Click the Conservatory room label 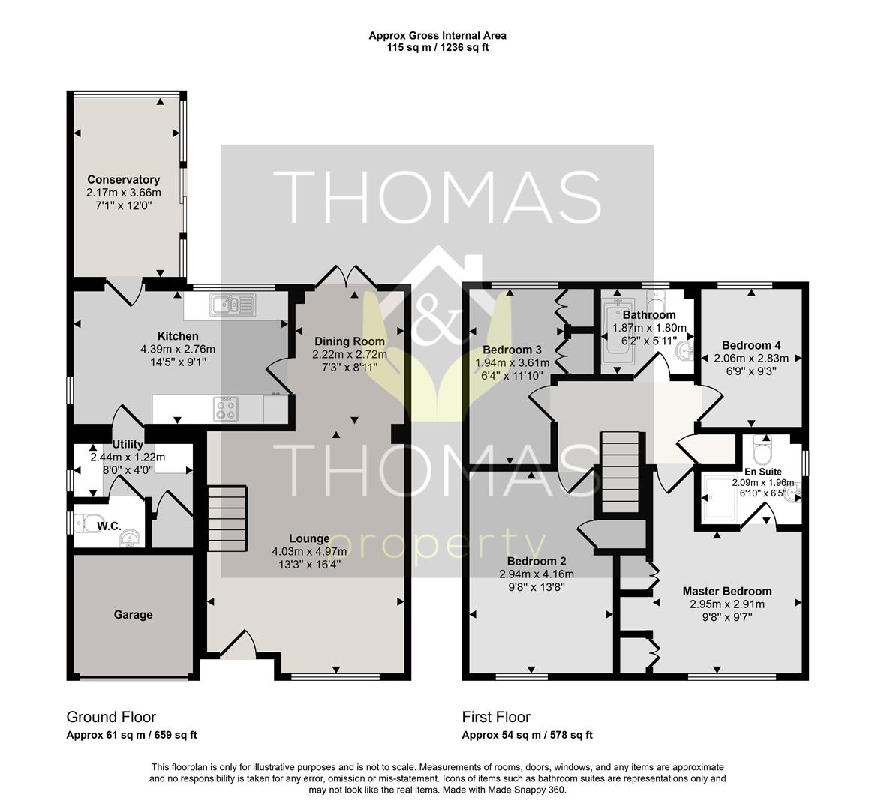pyautogui.click(x=123, y=180)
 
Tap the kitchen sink pyautogui.click(x=233, y=305)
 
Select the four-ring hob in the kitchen pyautogui.click(x=226, y=409)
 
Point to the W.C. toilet pyautogui.click(x=89, y=523)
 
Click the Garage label pyautogui.click(x=133, y=615)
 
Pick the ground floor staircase pyautogui.click(x=227, y=518)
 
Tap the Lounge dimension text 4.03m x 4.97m pyautogui.click(x=309, y=552)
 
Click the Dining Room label pyautogui.click(x=350, y=340)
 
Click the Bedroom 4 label pyautogui.click(x=751, y=345)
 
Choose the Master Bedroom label pyautogui.click(x=727, y=591)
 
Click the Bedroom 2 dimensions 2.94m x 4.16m pyautogui.click(x=537, y=574)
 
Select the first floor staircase pyautogui.click(x=619, y=472)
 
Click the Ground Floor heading pyautogui.click(x=111, y=717)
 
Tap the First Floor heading pyautogui.click(x=496, y=717)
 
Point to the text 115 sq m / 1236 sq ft pyautogui.click(x=437, y=47)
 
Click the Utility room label pyautogui.click(x=128, y=445)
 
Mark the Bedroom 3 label pyautogui.click(x=513, y=349)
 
